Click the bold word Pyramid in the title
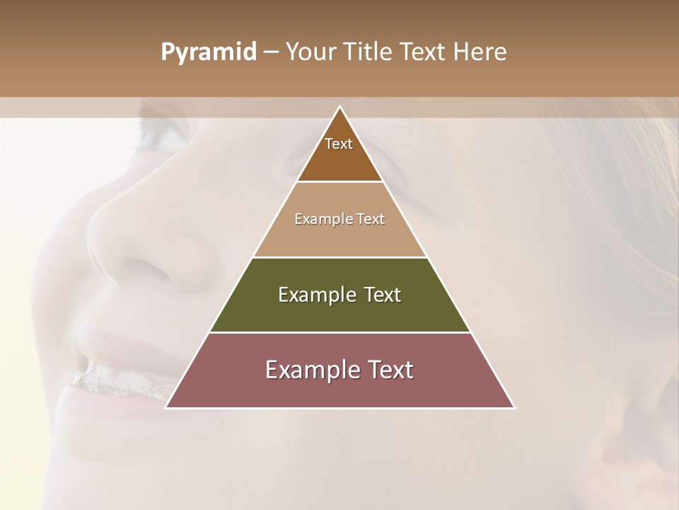coord(209,52)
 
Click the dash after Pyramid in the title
coord(271,52)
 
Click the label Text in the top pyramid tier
coord(339,144)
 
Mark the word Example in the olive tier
coord(315,295)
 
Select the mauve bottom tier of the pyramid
coord(339,390)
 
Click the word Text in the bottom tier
coord(388,370)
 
